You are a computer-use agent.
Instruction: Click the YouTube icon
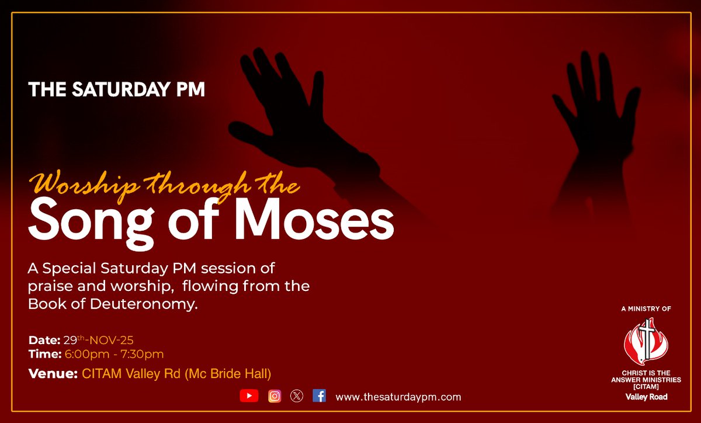(249, 396)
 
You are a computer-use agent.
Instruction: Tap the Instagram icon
(275, 396)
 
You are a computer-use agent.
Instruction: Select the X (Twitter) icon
(297, 396)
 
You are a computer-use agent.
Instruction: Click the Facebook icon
(319, 396)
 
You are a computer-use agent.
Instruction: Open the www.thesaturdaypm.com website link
(398, 397)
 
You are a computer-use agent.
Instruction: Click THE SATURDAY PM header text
(116, 90)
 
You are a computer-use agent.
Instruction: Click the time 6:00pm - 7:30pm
(113, 354)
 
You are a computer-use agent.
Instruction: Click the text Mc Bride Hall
(231, 373)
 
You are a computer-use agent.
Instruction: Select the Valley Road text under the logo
(646, 397)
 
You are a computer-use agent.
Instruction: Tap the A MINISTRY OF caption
(646, 308)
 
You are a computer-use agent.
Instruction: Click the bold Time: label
(44, 354)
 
